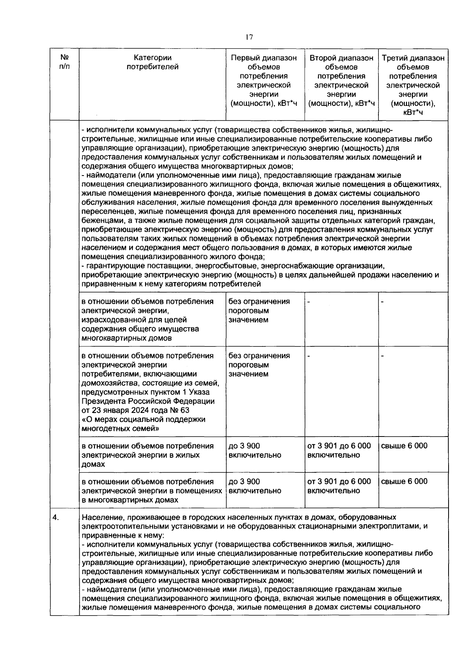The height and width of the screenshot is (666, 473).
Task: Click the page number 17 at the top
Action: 249,37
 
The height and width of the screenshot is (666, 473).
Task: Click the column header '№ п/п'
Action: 63,62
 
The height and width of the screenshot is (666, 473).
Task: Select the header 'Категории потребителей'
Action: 152,62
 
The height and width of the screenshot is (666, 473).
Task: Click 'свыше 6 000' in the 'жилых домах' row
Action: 404,446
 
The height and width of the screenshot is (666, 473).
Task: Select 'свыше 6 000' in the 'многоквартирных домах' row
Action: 404,481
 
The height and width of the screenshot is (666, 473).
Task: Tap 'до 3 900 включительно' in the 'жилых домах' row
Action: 255,450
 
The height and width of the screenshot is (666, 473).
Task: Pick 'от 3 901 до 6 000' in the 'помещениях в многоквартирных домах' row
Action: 339,481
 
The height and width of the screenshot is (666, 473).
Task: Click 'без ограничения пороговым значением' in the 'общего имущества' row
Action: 259,311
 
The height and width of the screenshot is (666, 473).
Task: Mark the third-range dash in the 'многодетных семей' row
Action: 382,356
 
